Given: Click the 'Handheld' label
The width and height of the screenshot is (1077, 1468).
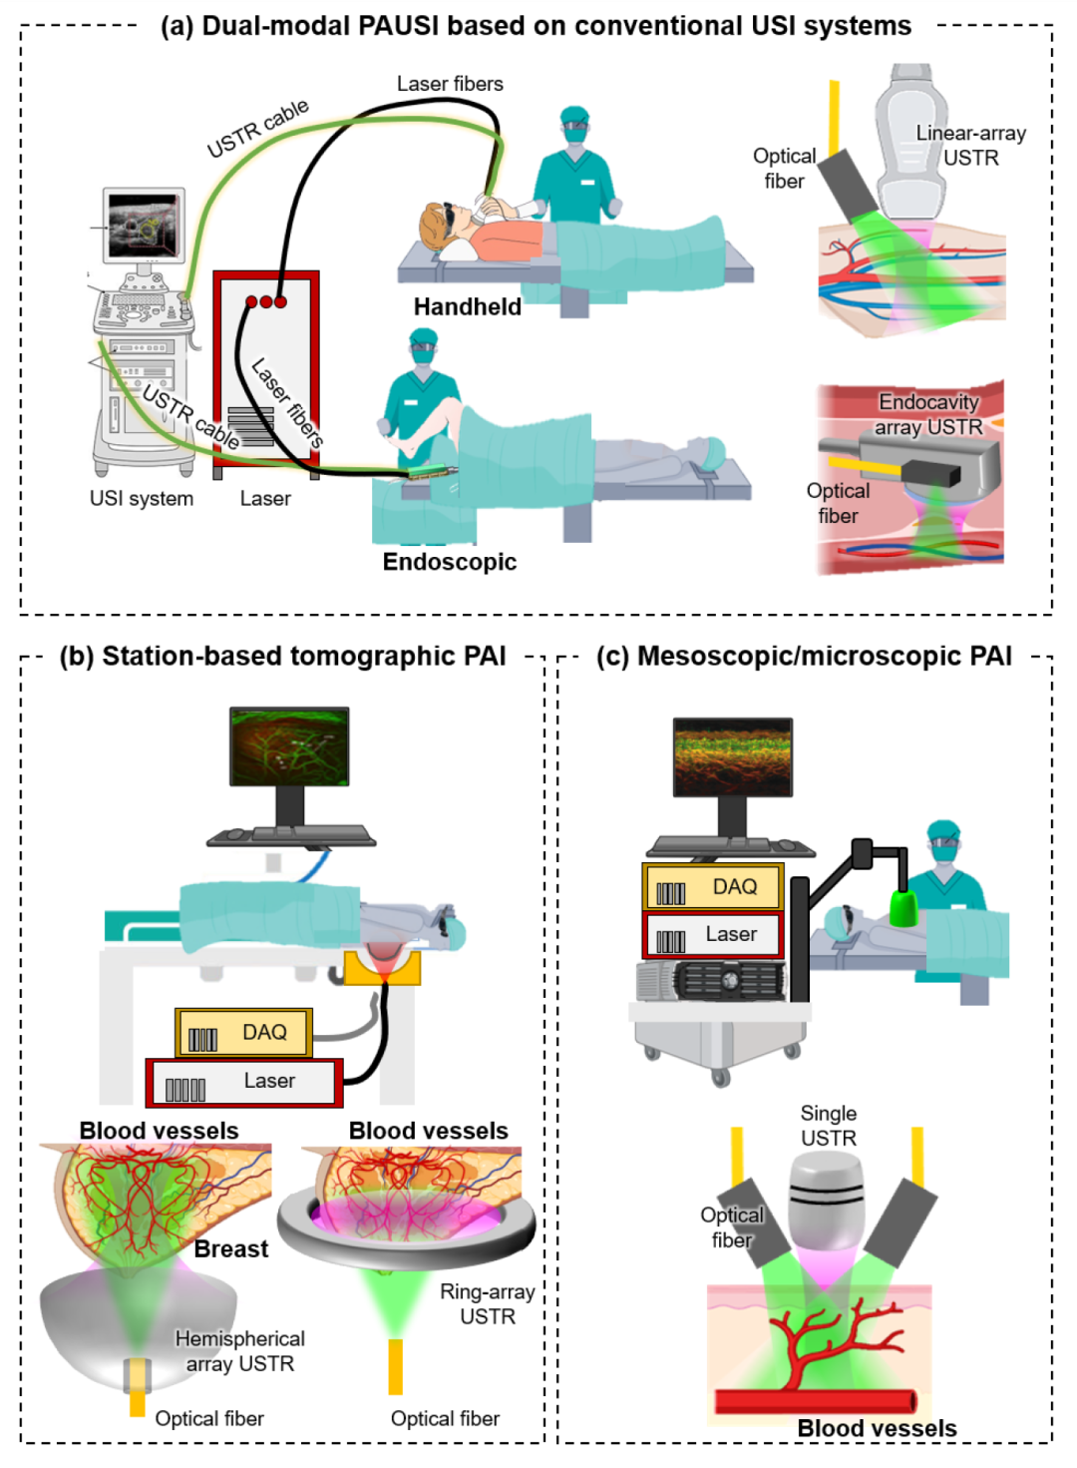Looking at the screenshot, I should click(x=467, y=307).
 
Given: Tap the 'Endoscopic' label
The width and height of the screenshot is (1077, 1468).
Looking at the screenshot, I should click(x=450, y=562).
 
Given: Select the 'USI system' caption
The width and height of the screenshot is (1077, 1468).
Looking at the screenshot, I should click(x=142, y=499).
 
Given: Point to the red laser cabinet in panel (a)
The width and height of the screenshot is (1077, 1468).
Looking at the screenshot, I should click(x=266, y=369).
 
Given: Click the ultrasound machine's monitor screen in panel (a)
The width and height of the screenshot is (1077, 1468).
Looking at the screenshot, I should click(x=146, y=224).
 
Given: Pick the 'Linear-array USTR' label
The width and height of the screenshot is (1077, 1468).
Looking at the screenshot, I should click(x=970, y=146).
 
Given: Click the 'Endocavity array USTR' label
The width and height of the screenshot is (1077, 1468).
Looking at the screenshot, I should click(x=928, y=414).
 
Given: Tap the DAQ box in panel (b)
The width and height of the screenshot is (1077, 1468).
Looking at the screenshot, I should click(x=244, y=1033).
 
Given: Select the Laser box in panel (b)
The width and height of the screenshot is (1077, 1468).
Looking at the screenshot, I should click(x=244, y=1083).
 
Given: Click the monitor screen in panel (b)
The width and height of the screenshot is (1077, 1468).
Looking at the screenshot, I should click(x=289, y=745).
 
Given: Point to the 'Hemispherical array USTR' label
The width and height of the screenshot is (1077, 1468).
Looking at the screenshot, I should click(x=239, y=1351).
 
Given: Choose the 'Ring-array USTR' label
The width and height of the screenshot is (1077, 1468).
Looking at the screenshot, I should click(x=488, y=1304).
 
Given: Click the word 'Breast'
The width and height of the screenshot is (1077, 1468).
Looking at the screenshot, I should click(x=231, y=1249).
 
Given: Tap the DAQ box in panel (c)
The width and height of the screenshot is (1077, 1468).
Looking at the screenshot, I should click(x=713, y=887).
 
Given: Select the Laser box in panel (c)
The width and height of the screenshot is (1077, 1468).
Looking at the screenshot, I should click(x=713, y=936).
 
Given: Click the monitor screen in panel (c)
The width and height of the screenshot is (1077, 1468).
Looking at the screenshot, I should click(x=733, y=757).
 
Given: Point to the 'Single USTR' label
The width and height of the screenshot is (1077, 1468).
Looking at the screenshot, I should click(x=829, y=1126).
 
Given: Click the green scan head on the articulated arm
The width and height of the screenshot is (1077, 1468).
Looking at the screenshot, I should click(x=903, y=908).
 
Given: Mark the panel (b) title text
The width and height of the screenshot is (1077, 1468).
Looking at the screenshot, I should click(x=282, y=656).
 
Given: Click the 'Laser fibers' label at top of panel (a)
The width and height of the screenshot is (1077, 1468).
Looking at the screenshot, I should click(x=450, y=84).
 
